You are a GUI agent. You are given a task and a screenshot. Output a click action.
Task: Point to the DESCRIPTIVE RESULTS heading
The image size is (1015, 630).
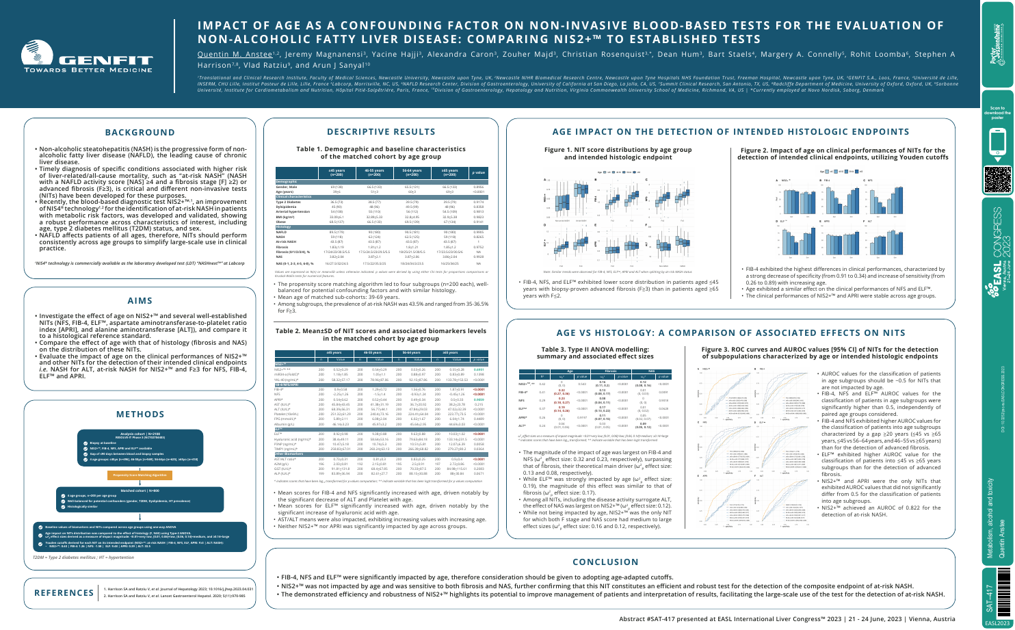(x=381, y=131)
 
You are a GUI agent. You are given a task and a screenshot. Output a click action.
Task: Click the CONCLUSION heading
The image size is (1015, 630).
(x=614, y=562)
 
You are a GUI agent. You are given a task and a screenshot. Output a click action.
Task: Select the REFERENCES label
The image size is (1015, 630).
(x=64, y=592)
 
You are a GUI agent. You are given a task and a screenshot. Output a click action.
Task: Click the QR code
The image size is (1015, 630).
(x=997, y=177)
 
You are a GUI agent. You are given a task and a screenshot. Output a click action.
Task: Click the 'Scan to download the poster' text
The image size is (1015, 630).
(x=997, y=112)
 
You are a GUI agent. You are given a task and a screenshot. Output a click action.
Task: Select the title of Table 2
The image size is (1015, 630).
(x=382, y=334)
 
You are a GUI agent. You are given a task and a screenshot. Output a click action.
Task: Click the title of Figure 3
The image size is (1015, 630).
(x=820, y=353)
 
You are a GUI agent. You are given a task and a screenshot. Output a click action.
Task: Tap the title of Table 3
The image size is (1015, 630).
(x=594, y=353)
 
